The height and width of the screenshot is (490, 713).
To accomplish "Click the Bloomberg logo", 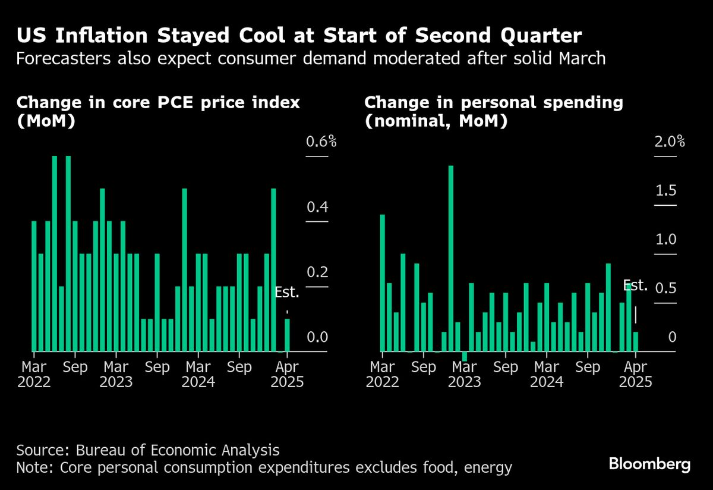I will point(649,464).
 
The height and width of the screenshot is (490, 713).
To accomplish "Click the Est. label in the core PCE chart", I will point(287,293).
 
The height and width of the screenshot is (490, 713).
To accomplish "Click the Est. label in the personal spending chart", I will point(635,285).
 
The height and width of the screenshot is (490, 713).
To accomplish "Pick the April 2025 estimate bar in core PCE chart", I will point(287,335).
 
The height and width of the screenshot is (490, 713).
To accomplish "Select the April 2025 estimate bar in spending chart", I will point(635,341).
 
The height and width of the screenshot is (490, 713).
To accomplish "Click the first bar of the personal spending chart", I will point(382,282).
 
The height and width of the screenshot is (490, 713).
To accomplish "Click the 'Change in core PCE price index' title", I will point(157,103).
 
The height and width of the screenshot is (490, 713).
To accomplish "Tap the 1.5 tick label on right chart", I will point(665,191).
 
